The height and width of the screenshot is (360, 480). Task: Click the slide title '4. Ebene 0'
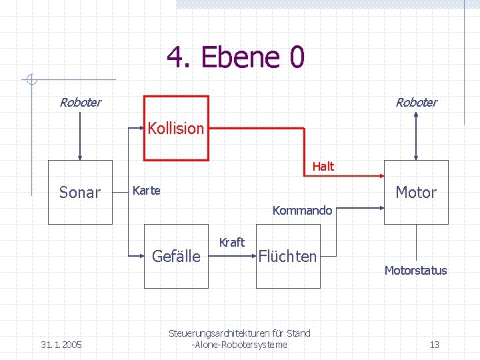coord(235,57)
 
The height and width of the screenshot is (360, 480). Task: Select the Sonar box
coord(80,192)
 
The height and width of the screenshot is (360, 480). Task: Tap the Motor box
coord(416,192)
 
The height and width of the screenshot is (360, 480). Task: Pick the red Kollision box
coord(177,128)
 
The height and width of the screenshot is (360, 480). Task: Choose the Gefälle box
coord(176,257)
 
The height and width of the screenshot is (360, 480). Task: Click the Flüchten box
coord(287,257)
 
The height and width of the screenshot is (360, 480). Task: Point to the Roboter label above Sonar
coord(80,102)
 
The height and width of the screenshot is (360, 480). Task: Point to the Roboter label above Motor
coord(416,102)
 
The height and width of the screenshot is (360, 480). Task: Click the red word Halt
coord(323,166)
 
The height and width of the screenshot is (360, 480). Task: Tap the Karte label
coord(147,191)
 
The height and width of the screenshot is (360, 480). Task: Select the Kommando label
coord(302,211)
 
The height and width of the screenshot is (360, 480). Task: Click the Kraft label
coord(232,242)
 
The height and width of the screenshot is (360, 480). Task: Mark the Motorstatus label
coord(415,270)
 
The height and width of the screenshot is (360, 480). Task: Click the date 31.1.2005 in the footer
coord(61,345)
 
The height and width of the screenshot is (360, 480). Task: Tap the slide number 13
coord(434,345)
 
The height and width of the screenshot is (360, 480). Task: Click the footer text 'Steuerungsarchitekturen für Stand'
coord(239,333)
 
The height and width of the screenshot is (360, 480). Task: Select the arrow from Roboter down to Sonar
coord(80,137)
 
